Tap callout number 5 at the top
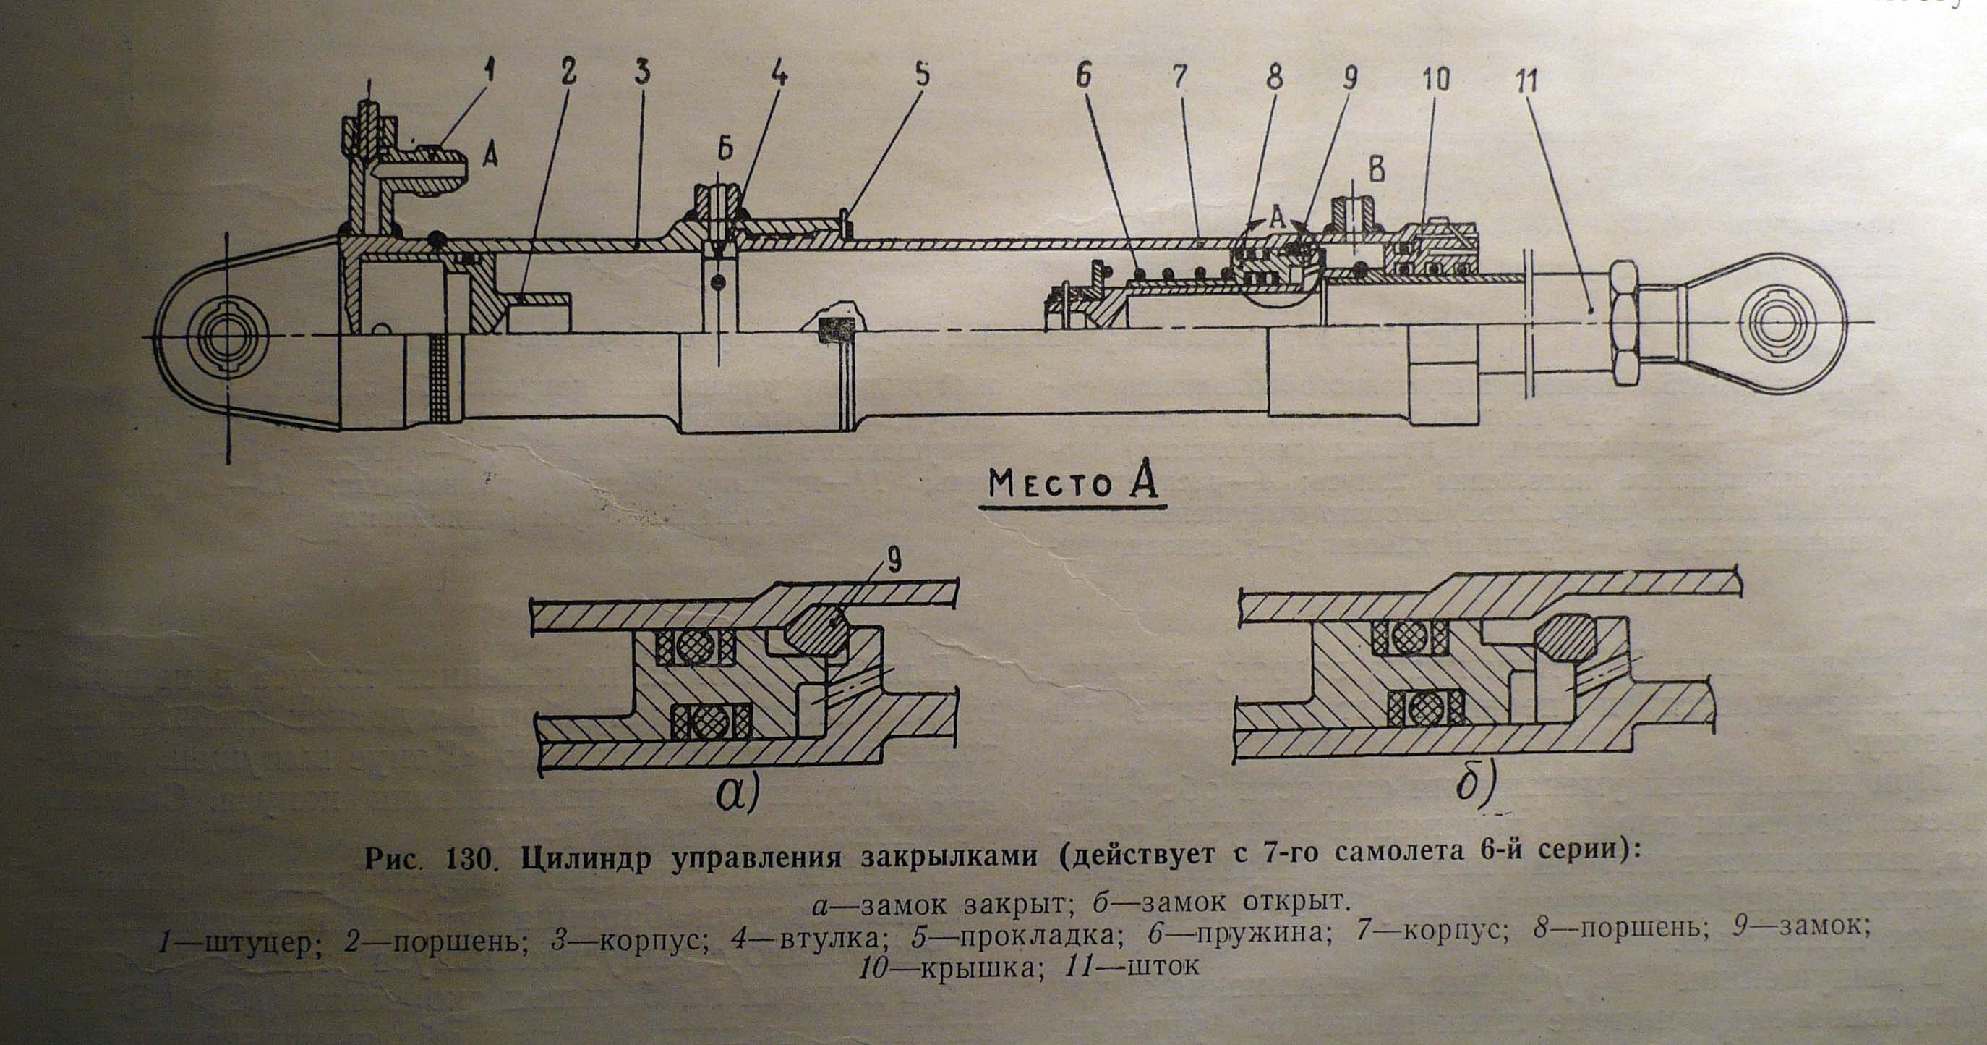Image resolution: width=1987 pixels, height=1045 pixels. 923,75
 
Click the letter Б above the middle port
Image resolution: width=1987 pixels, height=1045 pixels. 725,151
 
